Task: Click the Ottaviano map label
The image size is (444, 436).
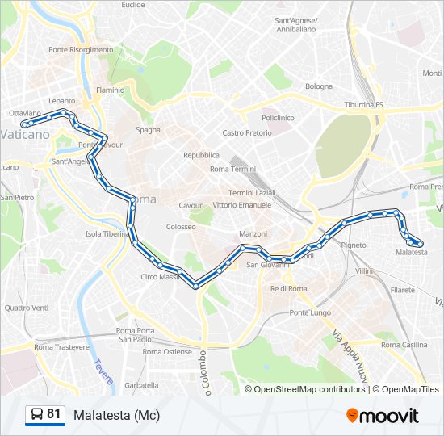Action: [x=24, y=113]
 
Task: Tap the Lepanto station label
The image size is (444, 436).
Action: [x=61, y=101]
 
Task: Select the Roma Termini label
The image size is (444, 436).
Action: [x=232, y=169]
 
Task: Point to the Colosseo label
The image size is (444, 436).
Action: [x=181, y=227]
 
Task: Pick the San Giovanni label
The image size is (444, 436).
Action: [x=262, y=265]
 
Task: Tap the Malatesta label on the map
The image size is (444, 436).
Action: [x=412, y=253]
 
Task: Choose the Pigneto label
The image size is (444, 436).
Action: [x=354, y=244]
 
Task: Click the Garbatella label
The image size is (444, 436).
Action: [x=141, y=385]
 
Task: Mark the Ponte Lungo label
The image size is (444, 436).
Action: [x=310, y=312]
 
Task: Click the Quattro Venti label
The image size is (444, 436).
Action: [x=26, y=308]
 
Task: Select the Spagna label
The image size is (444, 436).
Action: [x=148, y=129]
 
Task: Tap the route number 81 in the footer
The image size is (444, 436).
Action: [x=54, y=414]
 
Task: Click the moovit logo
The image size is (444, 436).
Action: [x=383, y=416]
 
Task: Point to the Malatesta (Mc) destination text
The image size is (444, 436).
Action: [x=116, y=415]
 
